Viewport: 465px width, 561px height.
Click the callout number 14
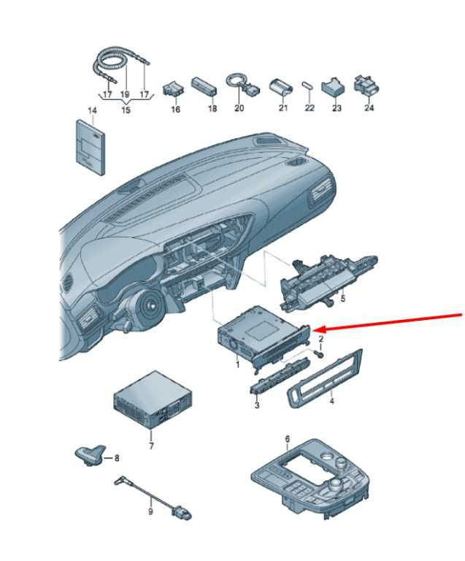92,110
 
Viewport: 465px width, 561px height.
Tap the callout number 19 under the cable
125,95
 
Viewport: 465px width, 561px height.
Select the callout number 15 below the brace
126,110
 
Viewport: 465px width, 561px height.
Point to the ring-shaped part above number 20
236,80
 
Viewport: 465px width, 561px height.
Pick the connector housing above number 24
366,87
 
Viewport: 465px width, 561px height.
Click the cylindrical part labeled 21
280,87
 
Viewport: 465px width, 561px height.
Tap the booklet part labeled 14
91,147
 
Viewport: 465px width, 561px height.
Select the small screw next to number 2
319,354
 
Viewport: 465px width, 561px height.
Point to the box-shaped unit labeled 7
153,400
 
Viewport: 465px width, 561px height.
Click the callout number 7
151,446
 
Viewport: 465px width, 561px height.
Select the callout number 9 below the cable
150,511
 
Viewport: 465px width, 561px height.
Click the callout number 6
288,438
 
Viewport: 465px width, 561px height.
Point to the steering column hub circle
150,305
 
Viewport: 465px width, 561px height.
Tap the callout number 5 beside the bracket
343,298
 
